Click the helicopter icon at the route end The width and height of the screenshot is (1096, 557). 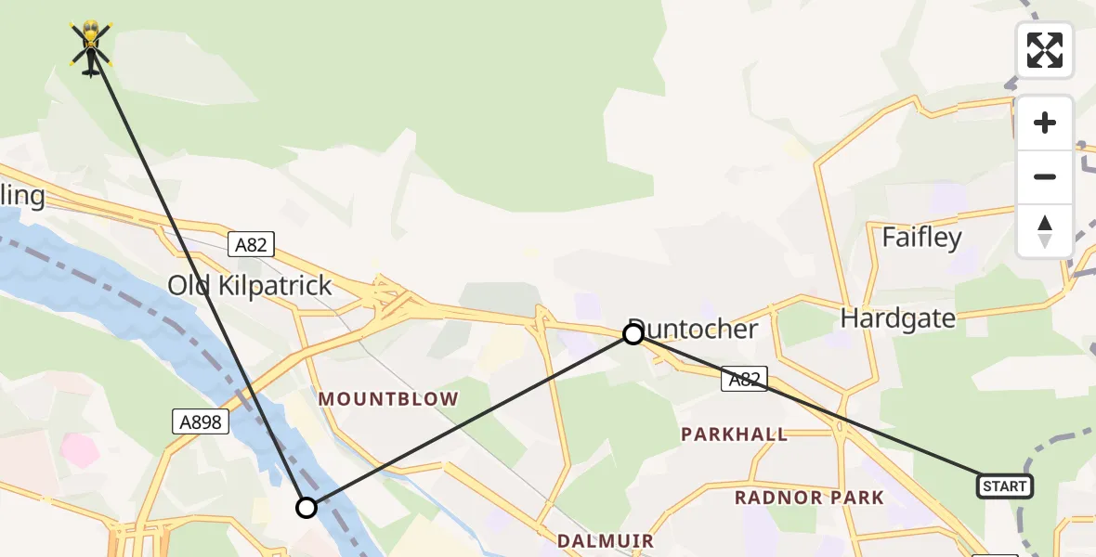click(x=91, y=46)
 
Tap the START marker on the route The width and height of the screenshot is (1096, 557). click(x=1004, y=486)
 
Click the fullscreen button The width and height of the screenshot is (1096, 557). click(x=1045, y=50)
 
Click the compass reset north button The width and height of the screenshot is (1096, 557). click(x=1045, y=231)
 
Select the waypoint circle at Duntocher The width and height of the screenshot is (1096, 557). click(x=633, y=334)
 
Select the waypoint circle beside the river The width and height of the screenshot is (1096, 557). click(x=307, y=508)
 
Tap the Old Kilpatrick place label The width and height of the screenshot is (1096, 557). click(x=250, y=285)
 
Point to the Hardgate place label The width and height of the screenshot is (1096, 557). click(x=897, y=318)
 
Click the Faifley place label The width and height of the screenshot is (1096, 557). click(x=921, y=238)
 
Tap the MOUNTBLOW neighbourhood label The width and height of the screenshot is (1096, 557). click(x=388, y=399)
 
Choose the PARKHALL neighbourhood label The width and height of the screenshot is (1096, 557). click(x=734, y=434)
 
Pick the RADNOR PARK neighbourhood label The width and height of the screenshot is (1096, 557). click(x=809, y=498)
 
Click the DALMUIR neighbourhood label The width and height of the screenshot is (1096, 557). click(x=605, y=540)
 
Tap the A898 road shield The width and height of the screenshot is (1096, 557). click(x=201, y=422)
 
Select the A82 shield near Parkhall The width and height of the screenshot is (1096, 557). click(x=745, y=378)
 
